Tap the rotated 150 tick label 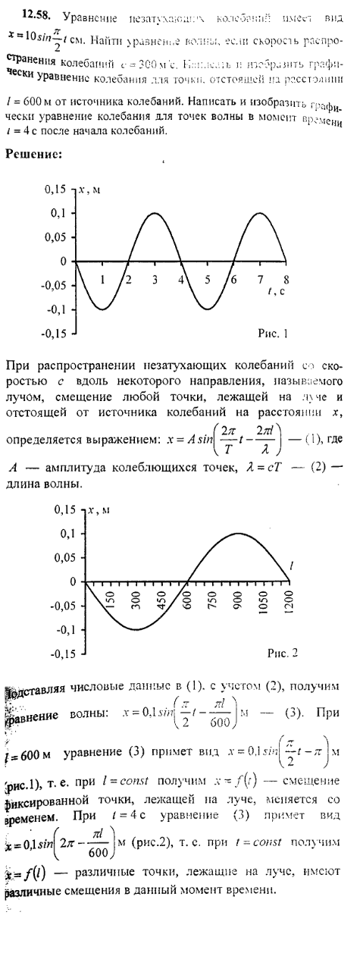(x=109, y=601)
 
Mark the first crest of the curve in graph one (x=154, y=214)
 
